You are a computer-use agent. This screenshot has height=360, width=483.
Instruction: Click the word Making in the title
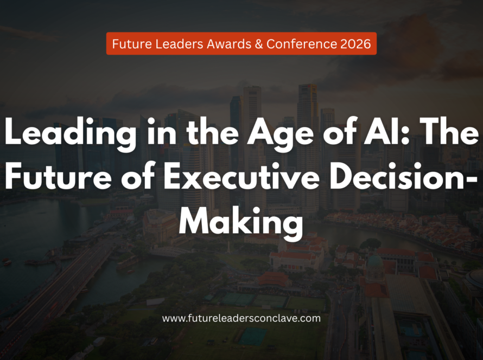click(x=241, y=222)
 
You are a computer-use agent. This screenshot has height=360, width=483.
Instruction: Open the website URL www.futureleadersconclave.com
click(x=241, y=318)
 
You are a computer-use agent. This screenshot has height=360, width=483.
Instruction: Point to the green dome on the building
click(x=375, y=261)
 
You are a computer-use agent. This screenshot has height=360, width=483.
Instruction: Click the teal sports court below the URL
click(x=252, y=336)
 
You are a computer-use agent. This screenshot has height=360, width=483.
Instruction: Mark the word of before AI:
click(x=339, y=131)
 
